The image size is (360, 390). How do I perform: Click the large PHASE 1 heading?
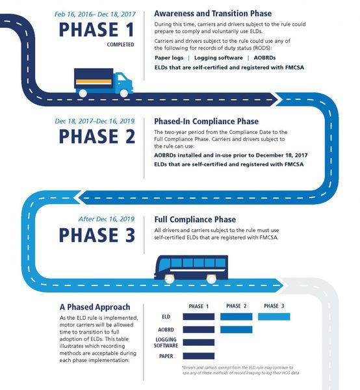pyautogui.click(x=97, y=30)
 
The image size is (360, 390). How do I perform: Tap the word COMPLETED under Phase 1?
pyautogui.click(x=121, y=45)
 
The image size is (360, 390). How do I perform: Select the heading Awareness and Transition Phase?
pyautogui.click(x=213, y=14)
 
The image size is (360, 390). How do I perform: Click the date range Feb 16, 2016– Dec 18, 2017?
pyautogui.click(x=95, y=14)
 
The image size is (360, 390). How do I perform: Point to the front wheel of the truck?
pyautogui.click(x=124, y=93)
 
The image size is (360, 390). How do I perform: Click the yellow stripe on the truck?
pyautogui.click(x=94, y=82)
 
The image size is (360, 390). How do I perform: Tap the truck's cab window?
pyautogui.click(x=122, y=78)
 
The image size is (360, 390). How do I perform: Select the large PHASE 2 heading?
pyautogui.click(x=97, y=136)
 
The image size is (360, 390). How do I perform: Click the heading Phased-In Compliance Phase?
pyautogui.click(x=207, y=122)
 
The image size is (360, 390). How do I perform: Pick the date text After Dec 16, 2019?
pyautogui.click(x=107, y=219)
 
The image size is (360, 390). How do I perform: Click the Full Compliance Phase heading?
pyautogui.click(x=195, y=220)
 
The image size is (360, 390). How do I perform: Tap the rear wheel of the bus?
pyautogui.click(x=211, y=279)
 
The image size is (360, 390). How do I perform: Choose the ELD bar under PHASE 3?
pyautogui.click(x=274, y=317)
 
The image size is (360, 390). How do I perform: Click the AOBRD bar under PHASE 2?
pyautogui.click(x=236, y=330)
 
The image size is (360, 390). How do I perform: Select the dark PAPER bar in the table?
pyautogui.click(x=199, y=356)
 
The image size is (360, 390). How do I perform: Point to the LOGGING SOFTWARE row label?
pyautogui.click(x=166, y=343)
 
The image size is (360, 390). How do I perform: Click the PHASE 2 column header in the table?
pyautogui.click(x=236, y=306)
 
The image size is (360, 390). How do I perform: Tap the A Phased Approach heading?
pyautogui.click(x=95, y=307)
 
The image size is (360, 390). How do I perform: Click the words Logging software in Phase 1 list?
pyautogui.click(x=218, y=58)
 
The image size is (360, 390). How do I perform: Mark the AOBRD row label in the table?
pyautogui.click(x=166, y=330)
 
